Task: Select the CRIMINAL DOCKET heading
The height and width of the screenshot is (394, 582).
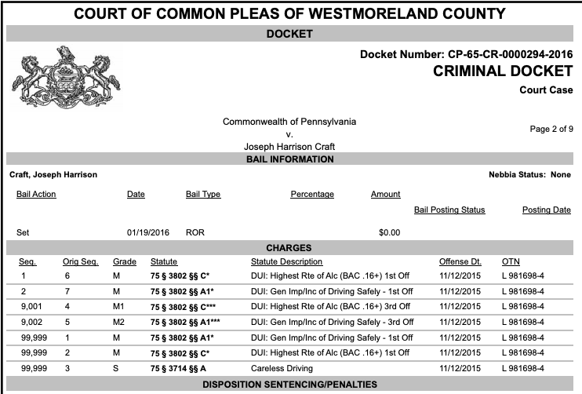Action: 501,71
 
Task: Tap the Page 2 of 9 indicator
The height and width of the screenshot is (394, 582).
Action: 551,129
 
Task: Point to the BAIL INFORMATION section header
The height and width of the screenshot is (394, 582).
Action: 290,159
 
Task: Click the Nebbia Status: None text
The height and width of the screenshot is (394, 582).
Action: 529,174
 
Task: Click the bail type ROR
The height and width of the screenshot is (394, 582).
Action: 195,232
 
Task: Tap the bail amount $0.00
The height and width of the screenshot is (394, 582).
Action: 389,232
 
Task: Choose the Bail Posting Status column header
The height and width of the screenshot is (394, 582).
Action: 449,210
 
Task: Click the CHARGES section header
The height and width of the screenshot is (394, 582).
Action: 290,247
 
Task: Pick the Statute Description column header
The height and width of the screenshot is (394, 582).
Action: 286,261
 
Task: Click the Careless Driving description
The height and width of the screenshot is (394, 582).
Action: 283,367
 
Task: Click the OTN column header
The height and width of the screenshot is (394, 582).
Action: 511,261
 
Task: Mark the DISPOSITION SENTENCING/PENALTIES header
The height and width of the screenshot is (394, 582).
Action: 290,385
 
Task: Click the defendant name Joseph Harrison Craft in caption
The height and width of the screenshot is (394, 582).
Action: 289,146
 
